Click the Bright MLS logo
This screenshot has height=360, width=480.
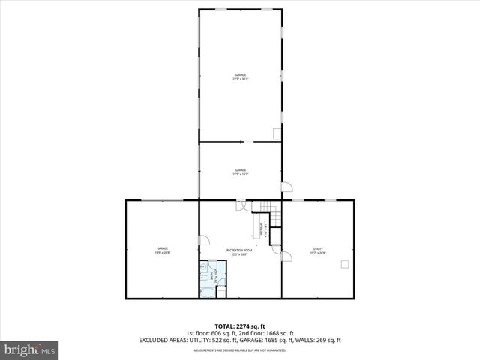coord(30,349)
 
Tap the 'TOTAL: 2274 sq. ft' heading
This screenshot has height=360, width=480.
coord(240,326)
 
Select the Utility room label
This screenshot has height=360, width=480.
coord(317,250)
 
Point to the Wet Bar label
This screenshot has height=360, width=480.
coord(262,232)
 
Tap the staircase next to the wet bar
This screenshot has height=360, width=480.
coord(266,213)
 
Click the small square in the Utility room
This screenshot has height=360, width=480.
coord(345,263)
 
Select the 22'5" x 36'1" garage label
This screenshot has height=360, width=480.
coord(240,77)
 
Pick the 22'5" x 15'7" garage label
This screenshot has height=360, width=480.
coord(240,172)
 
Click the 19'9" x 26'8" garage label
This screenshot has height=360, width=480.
coord(162,250)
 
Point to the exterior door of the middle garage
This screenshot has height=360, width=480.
coord(285,187)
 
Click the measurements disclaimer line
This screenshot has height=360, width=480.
coord(240,350)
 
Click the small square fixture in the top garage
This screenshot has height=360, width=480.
coord(277,134)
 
